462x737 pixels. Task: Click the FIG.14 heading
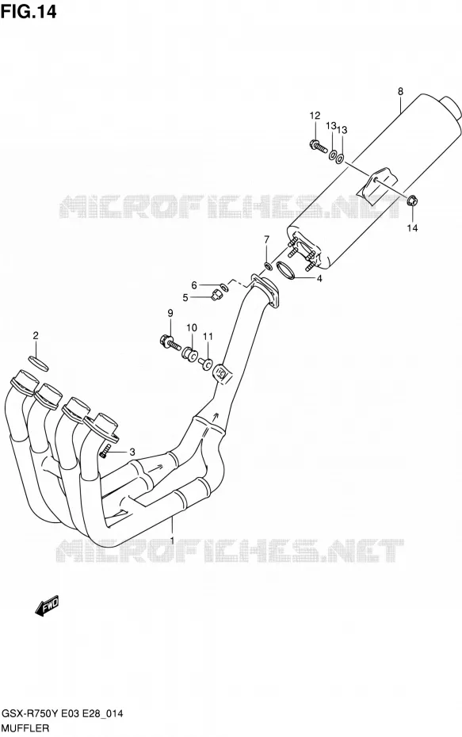point(29,11)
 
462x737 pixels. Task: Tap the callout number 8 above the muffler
point(400,92)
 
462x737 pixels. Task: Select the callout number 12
point(315,116)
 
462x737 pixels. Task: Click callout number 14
point(412,228)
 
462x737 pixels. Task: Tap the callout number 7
point(266,239)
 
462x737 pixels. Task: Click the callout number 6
point(193,284)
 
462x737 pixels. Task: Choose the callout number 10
point(191,327)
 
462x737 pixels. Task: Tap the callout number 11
point(208,336)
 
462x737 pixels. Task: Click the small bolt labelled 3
point(105,452)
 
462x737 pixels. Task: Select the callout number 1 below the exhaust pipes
point(173,540)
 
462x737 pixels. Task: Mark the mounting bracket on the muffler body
point(377,182)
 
